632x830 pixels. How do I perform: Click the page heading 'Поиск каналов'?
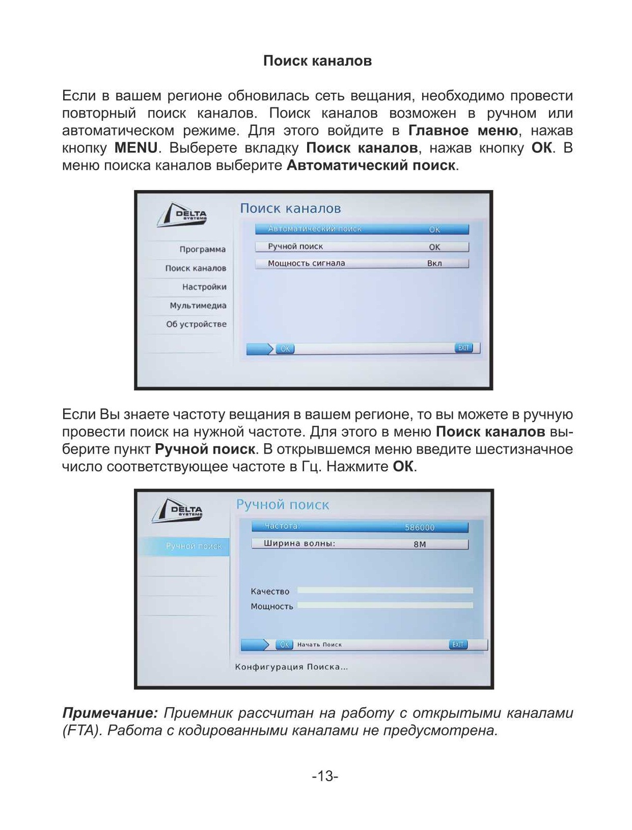[317, 61]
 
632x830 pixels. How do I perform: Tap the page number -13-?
[325, 776]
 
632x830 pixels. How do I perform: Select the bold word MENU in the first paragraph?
[136, 148]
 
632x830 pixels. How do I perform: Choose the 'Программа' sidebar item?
[202, 249]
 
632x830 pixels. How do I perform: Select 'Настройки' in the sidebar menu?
[204, 287]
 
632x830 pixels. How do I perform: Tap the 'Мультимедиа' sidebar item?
[198, 306]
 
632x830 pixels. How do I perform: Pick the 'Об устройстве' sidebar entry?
[196, 324]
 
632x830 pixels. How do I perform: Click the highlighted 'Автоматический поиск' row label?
[315, 229]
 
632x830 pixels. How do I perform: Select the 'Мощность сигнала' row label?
[307, 263]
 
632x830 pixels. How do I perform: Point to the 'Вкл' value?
[434, 263]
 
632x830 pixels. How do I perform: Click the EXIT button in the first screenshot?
[463, 348]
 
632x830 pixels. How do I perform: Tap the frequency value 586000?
[420, 527]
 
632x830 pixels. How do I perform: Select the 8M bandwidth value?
[420, 544]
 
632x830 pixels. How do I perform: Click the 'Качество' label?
[270, 592]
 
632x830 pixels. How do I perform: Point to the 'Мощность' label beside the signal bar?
[272, 606]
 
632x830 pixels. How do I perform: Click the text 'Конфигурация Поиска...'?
[291, 667]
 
